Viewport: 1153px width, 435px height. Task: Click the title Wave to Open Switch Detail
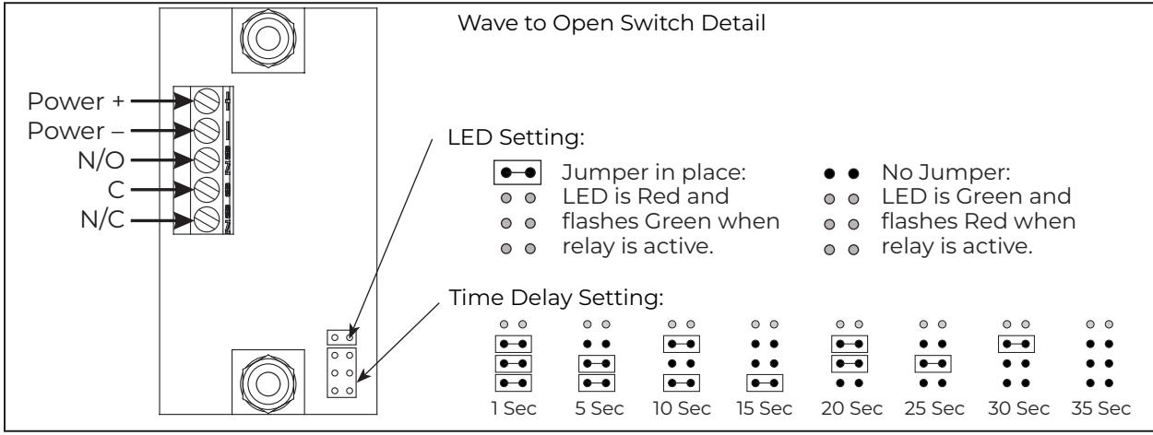(612, 24)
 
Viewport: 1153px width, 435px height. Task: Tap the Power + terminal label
(76, 101)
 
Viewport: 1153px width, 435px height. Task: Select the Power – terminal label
(76, 131)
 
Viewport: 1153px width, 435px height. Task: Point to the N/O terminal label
(101, 160)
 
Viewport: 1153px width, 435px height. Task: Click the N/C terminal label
(102, 220)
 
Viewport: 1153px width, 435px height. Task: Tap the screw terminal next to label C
(207, 190)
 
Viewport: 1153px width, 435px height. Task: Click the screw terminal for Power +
(207, 100)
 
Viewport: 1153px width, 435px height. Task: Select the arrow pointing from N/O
(162, 160)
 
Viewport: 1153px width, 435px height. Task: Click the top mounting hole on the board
(268, 39)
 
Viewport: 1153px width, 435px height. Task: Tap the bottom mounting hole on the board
(268, 382)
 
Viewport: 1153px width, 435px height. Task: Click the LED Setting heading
(517, 138)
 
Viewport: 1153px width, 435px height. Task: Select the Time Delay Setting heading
(556, 298)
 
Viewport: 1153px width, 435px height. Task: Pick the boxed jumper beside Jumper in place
(517, 172)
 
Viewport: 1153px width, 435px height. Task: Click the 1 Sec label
(514, 409)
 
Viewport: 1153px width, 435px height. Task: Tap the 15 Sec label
(765, 409)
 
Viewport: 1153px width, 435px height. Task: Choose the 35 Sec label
(1101, 409)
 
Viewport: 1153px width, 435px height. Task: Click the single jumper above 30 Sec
(1016, 344)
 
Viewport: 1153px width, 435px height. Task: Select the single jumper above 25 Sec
(933, 363)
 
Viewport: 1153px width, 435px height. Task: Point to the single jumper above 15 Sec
(765, 383)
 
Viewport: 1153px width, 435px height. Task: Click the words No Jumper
(946, 172)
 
